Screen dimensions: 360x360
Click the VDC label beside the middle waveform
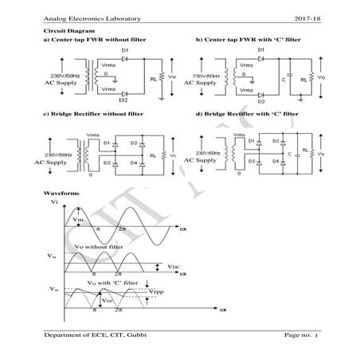[x=174, y=267]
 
